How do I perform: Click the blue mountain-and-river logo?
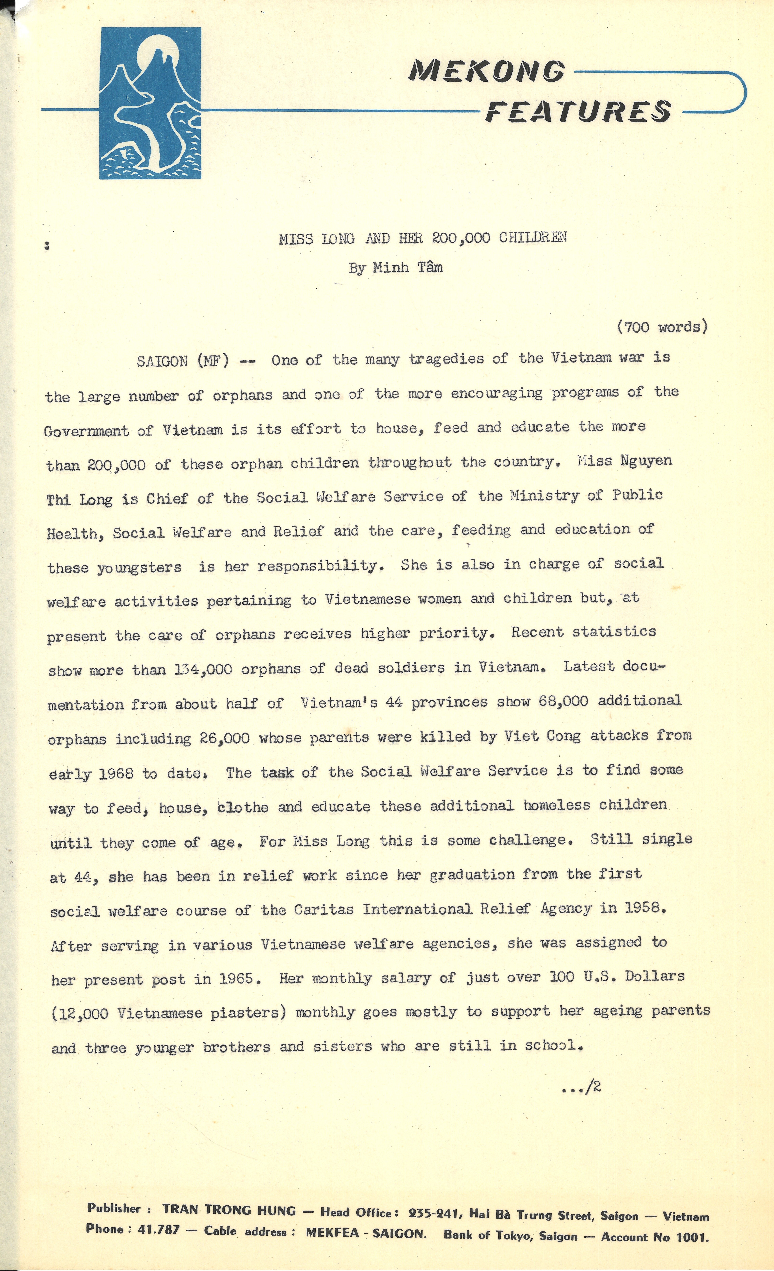[x=150, y=103]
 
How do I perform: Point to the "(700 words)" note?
[x=662, y=327]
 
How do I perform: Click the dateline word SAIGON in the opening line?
[x=162, y=361]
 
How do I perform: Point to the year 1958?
[x=645, y=908]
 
